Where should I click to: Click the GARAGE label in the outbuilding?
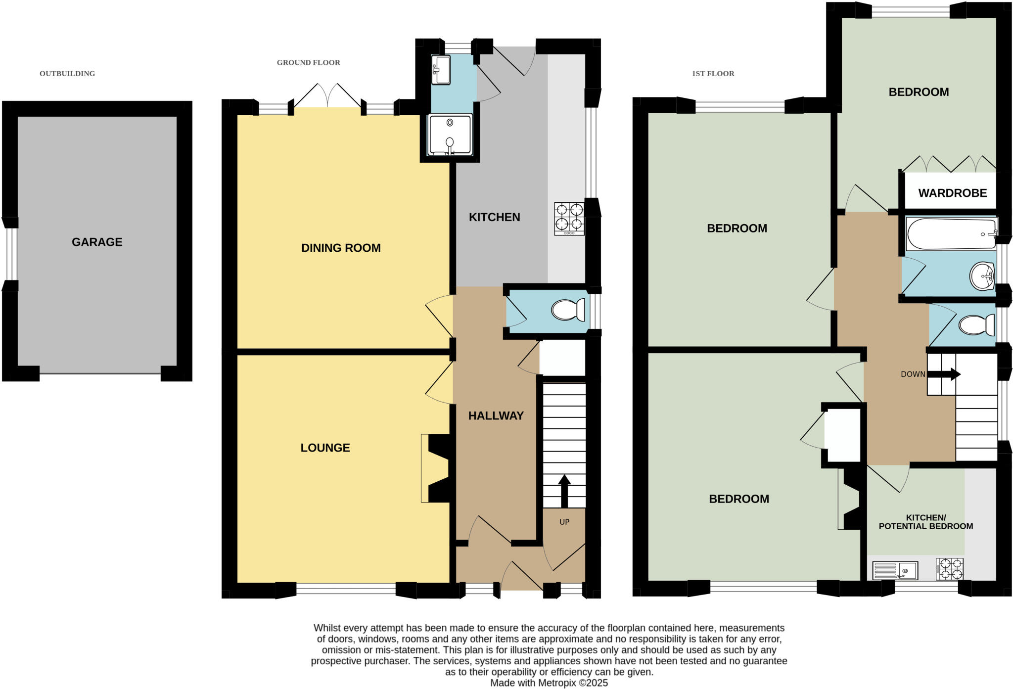97,242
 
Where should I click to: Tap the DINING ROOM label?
341,248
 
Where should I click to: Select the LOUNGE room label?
325,448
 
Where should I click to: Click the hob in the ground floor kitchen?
569,219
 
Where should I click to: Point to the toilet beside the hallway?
568,311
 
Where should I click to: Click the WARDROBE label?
952,193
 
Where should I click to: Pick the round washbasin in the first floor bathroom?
982,276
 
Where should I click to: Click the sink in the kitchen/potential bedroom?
895,570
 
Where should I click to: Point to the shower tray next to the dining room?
450,135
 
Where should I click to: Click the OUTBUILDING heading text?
67,74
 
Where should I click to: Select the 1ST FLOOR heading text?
713,74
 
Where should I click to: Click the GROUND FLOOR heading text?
308,63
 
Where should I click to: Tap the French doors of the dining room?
327,96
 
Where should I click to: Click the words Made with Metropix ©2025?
549,683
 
